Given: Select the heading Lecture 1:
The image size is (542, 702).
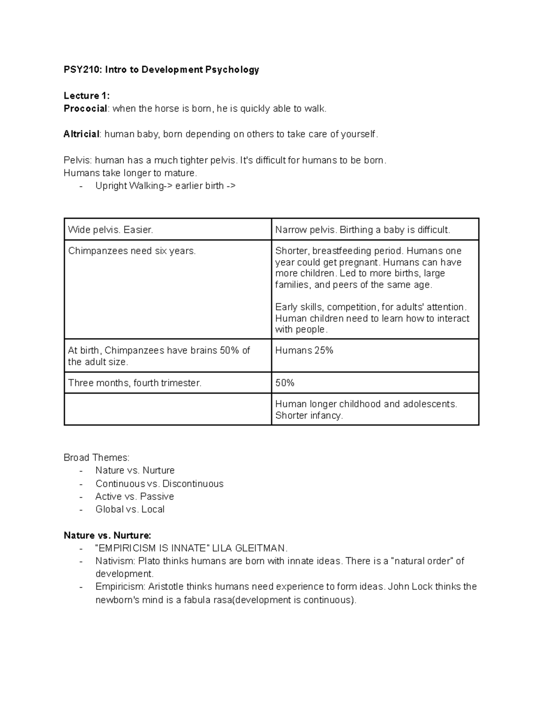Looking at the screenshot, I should [86, 96].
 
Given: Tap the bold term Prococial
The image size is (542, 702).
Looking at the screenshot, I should [85, 108].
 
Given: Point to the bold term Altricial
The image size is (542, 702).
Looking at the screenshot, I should [81, 134].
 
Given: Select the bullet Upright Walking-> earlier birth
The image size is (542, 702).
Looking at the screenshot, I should [165, 186].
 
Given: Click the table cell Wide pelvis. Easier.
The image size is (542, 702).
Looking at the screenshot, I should [111, 230].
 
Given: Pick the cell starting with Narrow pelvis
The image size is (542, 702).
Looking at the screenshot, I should [362, 230].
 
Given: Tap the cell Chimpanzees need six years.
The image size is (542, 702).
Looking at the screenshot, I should [132, 251].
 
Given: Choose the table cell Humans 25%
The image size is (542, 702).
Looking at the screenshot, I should [304, 350].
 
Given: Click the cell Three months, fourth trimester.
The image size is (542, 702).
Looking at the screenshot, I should [135, 383].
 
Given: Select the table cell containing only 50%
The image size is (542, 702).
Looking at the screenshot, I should [285, 383].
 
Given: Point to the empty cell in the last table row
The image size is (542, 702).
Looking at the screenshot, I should [167, 409].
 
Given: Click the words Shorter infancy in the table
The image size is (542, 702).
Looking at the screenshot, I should [309, 415].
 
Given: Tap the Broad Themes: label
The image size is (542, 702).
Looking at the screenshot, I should [96, 457].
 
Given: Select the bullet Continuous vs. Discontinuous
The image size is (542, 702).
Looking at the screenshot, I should [159, 484].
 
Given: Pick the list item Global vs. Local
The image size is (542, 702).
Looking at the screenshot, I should [130, 509].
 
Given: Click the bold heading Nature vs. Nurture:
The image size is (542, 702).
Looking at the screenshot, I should [107, 536].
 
